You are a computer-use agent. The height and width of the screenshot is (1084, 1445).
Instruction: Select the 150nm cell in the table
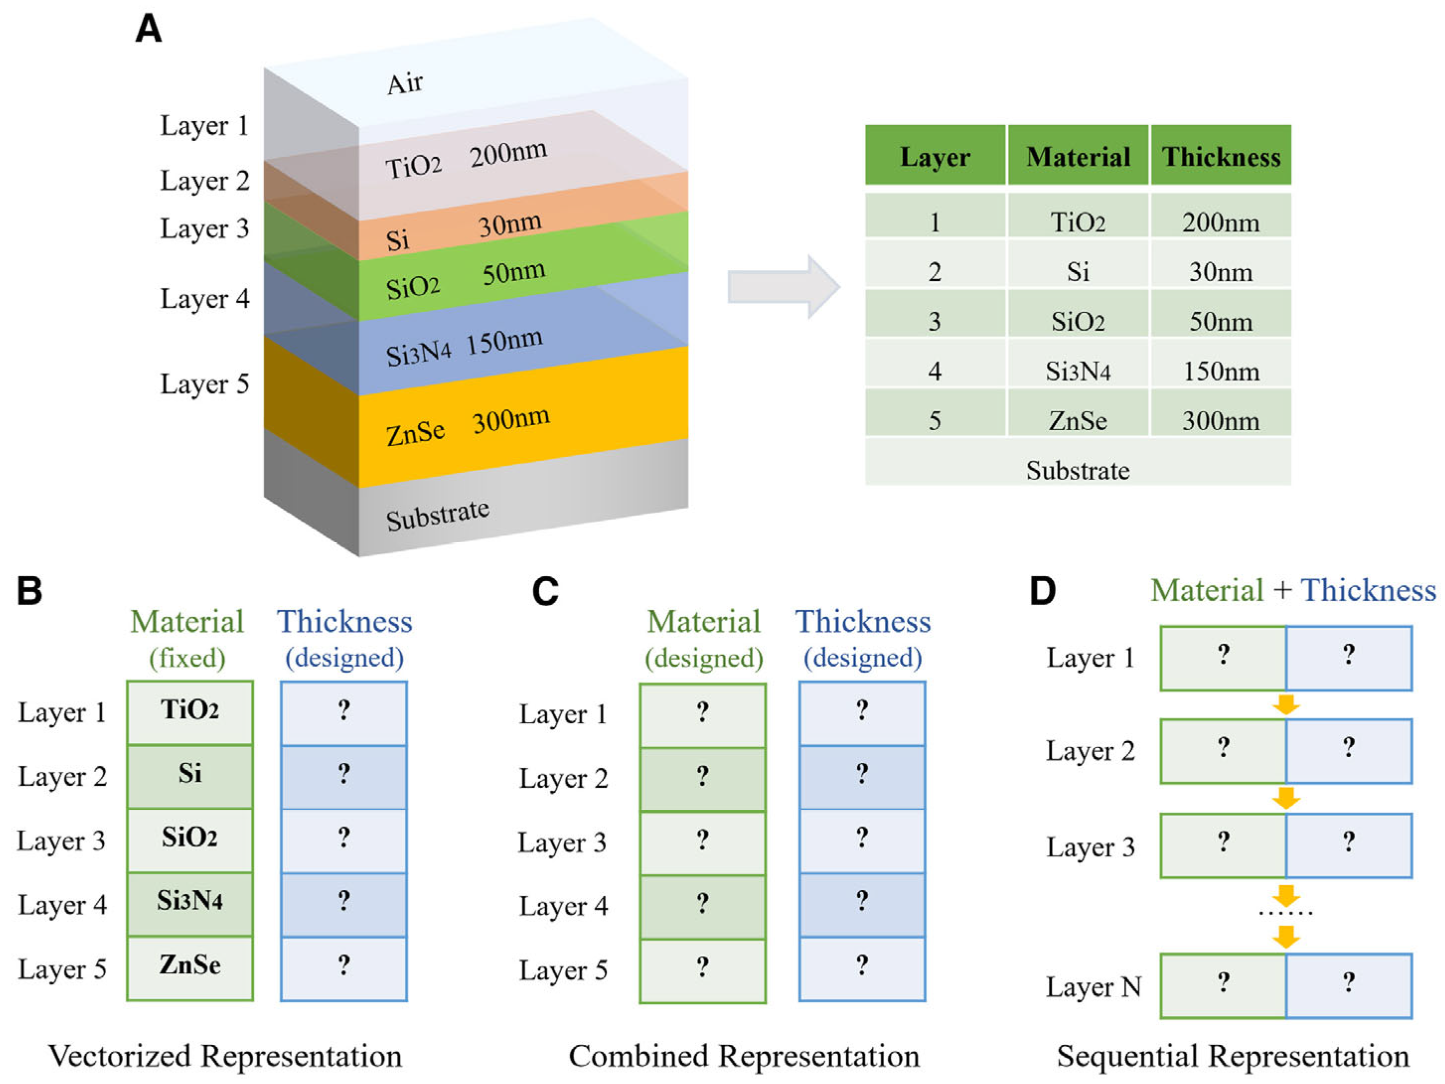tap(1220, 371)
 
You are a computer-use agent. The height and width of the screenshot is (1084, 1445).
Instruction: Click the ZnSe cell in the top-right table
tap(1078, 420)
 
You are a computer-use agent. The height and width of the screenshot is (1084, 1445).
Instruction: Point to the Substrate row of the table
tap(1078, 470)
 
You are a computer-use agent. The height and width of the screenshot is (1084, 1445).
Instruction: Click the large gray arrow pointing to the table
tap(784, 286)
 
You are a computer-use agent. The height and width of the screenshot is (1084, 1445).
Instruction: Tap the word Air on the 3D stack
tap(405, 83)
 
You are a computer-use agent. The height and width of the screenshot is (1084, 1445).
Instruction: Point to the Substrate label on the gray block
tap(437, 516)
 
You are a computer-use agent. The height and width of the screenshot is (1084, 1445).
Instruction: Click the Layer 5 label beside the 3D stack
tap(205, 384)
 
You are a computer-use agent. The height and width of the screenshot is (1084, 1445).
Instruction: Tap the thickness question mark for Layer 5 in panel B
tap(344, 965)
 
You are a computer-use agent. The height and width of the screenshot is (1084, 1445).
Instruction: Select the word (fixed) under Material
tap(188, 657)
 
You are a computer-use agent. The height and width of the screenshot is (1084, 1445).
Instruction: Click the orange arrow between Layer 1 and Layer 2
tap(1286, 705)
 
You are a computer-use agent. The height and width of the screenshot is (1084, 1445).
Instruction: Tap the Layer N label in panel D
tap(1093, 987)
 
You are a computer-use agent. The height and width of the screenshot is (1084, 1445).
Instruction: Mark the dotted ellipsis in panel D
tap(1286, 912)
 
